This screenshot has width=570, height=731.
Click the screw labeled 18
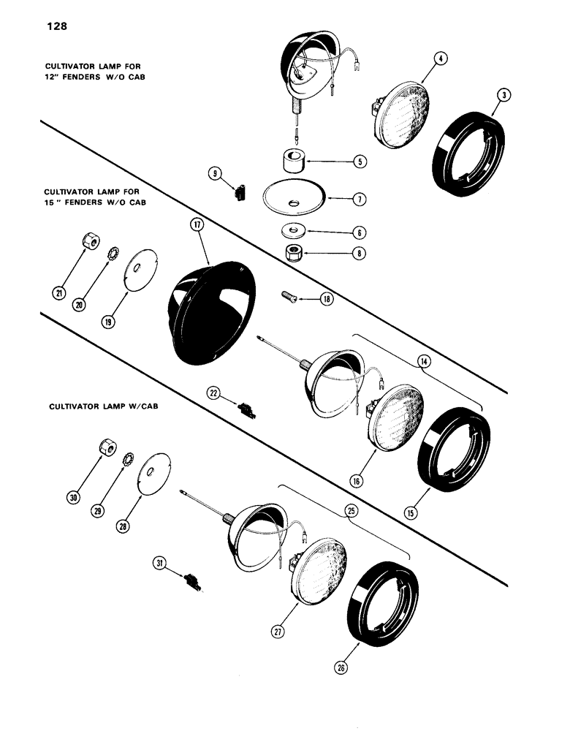290,296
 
